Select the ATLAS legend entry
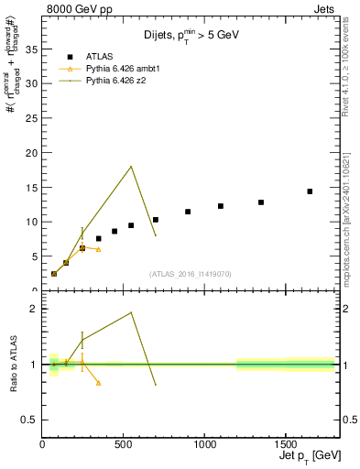(x=95, y=57)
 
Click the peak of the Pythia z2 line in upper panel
(x=132, y=166)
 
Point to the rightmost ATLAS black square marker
(x=310, y=191)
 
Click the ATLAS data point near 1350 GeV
(x=261, y=202)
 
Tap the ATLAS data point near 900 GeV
(x=188, y=212)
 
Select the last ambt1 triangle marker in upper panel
(x=99, y=249)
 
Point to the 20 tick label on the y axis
(x=31, y=152)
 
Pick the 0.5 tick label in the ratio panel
(x=29, y=420)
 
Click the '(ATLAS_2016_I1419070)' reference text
(x=191, y=273)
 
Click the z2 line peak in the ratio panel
(x=132, y=312)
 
